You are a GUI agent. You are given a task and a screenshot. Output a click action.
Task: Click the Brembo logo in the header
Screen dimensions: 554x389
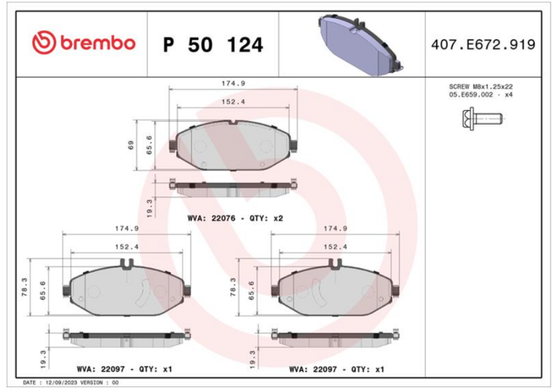point(84,42)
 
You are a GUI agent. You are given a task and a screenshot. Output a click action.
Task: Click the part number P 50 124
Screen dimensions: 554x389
point(213,45)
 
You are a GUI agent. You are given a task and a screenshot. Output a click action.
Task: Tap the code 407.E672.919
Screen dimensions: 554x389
point(483,44)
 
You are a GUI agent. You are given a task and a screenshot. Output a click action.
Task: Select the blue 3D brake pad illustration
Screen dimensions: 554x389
point(361,45)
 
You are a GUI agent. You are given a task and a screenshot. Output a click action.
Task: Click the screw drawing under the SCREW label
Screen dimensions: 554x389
point(481,118)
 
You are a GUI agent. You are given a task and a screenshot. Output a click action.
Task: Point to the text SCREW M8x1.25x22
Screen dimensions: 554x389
point(481,87)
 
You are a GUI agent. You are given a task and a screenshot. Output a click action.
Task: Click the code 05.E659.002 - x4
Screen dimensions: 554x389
point(481,95)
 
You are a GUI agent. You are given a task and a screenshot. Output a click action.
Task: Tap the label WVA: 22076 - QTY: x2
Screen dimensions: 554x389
point(235,218)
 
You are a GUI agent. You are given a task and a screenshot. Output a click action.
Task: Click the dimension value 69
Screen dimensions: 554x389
point(131,145)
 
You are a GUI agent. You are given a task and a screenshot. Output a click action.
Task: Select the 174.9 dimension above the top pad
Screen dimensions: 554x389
point(233,83)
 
